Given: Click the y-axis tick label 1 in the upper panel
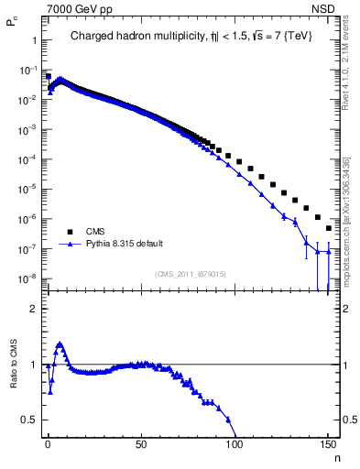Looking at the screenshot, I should (x=34, y=40).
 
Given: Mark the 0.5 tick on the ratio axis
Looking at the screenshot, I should (x=29, y=420).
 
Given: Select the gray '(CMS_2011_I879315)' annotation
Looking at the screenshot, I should (x=191, y=274).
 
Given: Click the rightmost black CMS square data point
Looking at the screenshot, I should (x=328, y=228).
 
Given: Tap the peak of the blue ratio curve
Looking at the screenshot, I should (x=60, y=344).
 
